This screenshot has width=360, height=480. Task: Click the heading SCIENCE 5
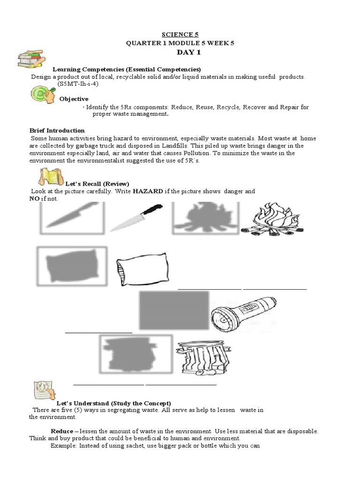[x=180, y=34]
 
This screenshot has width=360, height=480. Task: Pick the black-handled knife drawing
[x=136, y=217]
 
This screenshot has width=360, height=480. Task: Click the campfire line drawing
[x=272, y=220]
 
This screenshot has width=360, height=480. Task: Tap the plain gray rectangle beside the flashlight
[x=174, y=311]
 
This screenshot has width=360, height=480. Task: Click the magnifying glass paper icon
[x=45, y=390]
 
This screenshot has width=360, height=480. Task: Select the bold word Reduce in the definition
[x=62, y=431]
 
